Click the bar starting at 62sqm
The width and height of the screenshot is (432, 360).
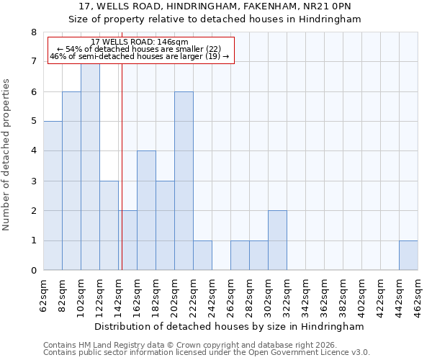click(53, 196)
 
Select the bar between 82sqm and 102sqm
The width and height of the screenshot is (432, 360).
click(71, 181)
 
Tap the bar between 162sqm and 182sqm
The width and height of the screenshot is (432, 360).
click(146, 210)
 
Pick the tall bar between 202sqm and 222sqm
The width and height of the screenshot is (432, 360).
click(184, 181)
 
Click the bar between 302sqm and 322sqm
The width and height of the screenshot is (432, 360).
click(277, 240)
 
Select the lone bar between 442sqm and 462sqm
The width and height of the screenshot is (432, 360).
click(408, 256)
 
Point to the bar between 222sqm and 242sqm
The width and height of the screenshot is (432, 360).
click(202, 256)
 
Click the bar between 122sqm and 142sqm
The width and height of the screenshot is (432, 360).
click(109, 225)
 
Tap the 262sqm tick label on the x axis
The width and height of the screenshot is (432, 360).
click(231, 296)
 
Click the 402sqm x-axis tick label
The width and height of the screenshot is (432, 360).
click(362, 296)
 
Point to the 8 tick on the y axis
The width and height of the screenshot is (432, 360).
click(33, 32)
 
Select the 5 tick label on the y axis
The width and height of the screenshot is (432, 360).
click(33, 122)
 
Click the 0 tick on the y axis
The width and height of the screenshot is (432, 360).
click(33, 271)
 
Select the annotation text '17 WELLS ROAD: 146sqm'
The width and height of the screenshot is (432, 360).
click(140, 42)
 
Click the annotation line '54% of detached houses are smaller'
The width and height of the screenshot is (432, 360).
click(140, 49)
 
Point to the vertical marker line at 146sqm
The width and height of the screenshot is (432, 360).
click(122, 166)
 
